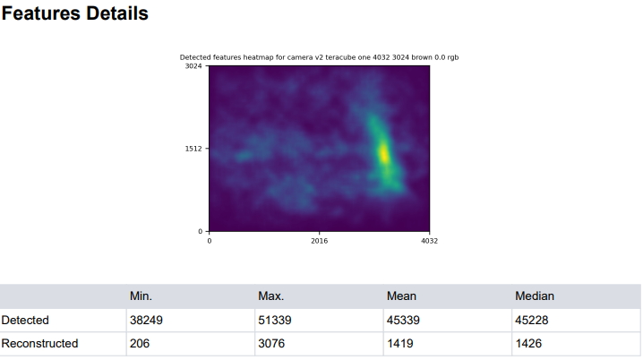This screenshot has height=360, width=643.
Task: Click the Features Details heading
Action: (74, 14)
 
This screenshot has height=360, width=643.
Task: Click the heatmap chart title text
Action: (320, 57)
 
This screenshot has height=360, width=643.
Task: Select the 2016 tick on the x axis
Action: (320, 240)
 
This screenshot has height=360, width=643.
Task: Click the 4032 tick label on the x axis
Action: (429, 240)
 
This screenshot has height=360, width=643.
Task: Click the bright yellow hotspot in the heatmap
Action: (383, 152)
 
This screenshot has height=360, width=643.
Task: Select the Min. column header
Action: (141, 296)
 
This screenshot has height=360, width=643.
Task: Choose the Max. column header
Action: (270, 296)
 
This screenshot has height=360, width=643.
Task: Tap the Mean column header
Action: (400, 296)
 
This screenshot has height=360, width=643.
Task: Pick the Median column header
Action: (535, 296)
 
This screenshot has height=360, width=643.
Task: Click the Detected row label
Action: (25, 320)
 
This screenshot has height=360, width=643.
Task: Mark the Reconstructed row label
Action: (39, 344)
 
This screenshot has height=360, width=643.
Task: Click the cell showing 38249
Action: (147, 320)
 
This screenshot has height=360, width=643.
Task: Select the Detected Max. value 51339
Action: (275, 320)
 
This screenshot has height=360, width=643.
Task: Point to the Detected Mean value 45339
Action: (404, 320)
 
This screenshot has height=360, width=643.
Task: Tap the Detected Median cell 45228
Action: (533, 320)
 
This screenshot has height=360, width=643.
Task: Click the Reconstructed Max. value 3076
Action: (271, 344)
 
